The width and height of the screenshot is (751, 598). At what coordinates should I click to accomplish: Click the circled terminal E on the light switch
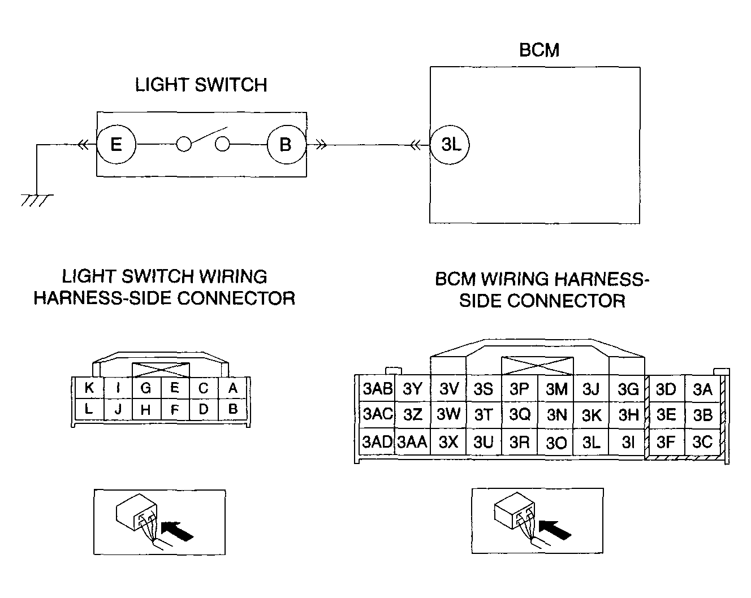click(116, 145)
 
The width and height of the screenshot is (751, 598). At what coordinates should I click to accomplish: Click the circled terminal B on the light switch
click(287, 145)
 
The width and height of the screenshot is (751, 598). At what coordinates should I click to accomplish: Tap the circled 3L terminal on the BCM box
click(450, 145)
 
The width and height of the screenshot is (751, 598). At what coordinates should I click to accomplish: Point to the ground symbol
click(37, 201)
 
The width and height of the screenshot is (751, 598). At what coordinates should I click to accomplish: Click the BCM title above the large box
click(539, 50)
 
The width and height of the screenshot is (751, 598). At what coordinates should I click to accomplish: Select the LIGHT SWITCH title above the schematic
click(201, 85)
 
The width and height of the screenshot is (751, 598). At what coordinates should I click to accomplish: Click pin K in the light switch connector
click(89, 388)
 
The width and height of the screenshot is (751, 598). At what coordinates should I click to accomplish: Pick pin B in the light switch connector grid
click(233, 409)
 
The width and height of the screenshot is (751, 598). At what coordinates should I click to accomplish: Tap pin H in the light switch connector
click(146, 409)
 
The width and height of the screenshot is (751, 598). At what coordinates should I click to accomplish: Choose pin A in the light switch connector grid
click(233, 388)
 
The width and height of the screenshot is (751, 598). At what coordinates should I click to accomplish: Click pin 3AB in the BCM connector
click(377, 388)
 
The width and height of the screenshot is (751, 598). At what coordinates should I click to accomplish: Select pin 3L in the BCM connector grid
click(591, 442)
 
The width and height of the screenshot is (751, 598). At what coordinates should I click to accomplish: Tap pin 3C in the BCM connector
click(702, 442)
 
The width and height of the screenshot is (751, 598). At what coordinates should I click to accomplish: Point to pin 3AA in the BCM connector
click(412, 442)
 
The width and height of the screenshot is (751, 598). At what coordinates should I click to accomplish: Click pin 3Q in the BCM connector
click(519, 415)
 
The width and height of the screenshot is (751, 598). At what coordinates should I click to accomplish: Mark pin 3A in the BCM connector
click(702, 388)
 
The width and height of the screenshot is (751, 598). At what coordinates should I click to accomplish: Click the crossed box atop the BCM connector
click(537, 366)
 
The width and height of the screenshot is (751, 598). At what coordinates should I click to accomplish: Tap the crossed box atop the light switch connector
click(161, 370)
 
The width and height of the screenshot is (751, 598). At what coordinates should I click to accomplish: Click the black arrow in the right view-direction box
click(555, 530)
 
